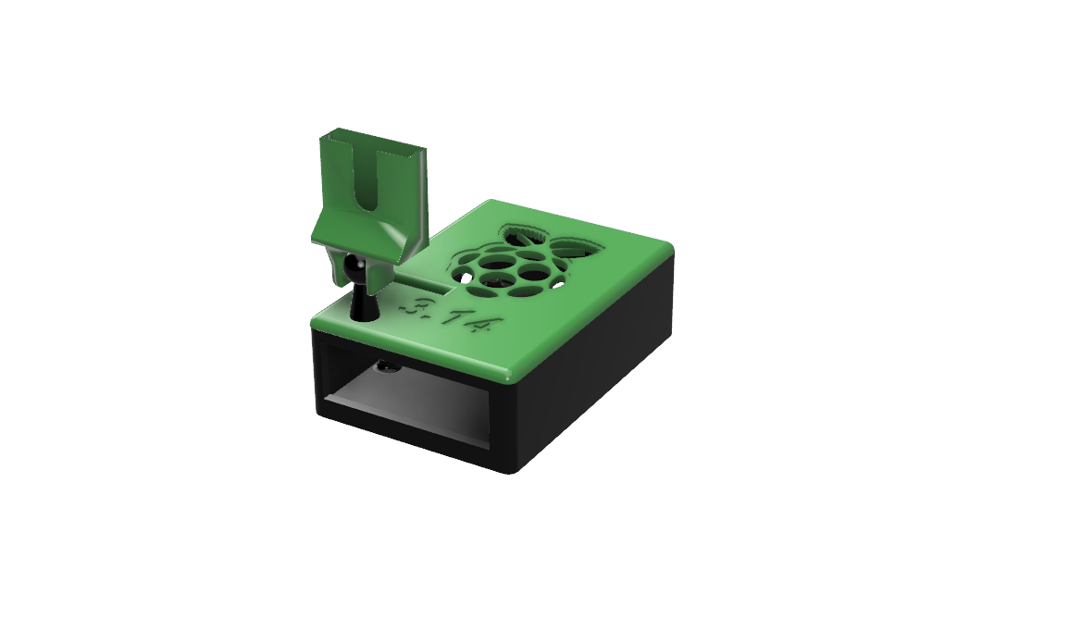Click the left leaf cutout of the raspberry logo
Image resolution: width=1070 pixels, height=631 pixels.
[x=522, y=235]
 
